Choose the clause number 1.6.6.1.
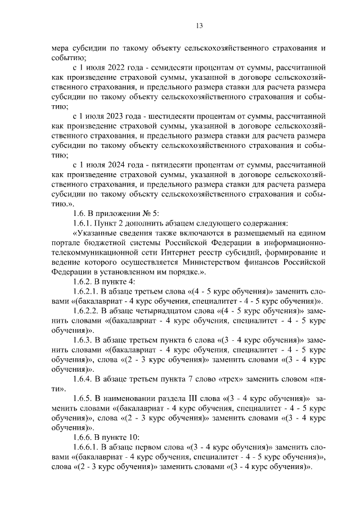88,447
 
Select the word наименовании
130,398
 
